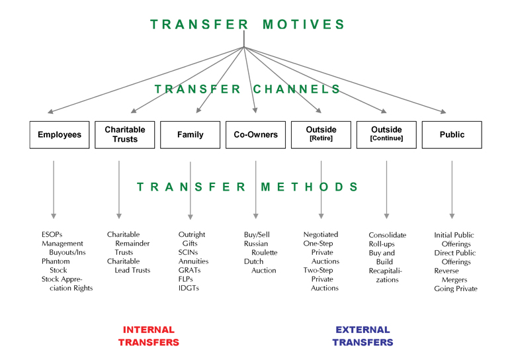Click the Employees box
click(x=60, y=135)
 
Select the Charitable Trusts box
click(x=125, y=135)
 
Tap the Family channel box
click(x=190, y=135)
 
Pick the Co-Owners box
click(x=256, y=135)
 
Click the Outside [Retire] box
click(x=321, y=135)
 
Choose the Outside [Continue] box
click(x=386, y=135)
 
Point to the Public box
click(x=452, y=135)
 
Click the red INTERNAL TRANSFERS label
click(x=149, y=336)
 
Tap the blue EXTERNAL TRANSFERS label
click(x=363, y=336)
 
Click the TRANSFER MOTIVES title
click(x=247, y=24)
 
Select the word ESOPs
click(x=52, y=234)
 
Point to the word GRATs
click(x=189, y=270)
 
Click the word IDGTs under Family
click(x=189, y=288)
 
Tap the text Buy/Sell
click(x=257, y=234)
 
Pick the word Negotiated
click(x=321, y=234)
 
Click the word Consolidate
click(x=388, y=235)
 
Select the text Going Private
click(x=456, y=289)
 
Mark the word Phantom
click(x=56, y=261)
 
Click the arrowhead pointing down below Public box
click(x=452, y=216)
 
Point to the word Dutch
click(x=254, y=261)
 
